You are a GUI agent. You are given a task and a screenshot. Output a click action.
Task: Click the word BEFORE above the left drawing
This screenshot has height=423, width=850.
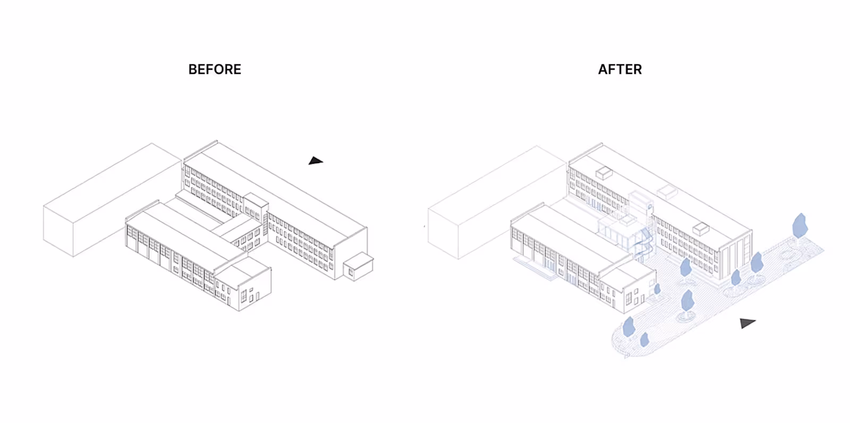click(x=215, y=70)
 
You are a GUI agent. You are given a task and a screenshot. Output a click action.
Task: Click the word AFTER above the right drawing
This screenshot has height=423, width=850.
click(x=619, y=70)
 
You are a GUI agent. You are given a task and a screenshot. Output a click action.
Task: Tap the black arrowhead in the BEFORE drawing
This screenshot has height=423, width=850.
click(x=316, y=160)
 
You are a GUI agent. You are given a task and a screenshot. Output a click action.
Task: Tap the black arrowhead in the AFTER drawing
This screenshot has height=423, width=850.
click(x=747, y=323)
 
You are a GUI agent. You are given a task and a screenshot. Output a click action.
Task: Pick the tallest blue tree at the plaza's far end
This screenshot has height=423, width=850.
click(x=799, y=225)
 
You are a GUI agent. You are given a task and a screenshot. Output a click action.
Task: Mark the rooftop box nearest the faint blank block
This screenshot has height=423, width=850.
click(x=604, y=173)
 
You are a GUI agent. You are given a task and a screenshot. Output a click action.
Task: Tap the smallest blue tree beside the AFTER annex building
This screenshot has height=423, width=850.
click(x=657, y=289)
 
